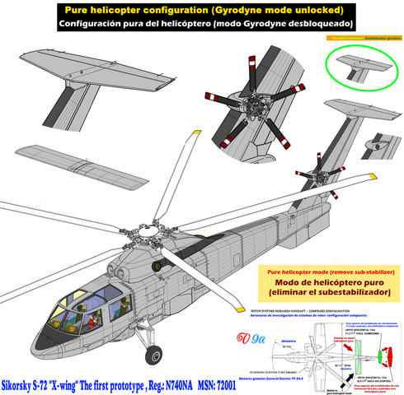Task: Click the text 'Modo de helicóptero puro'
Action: (333, 284)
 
